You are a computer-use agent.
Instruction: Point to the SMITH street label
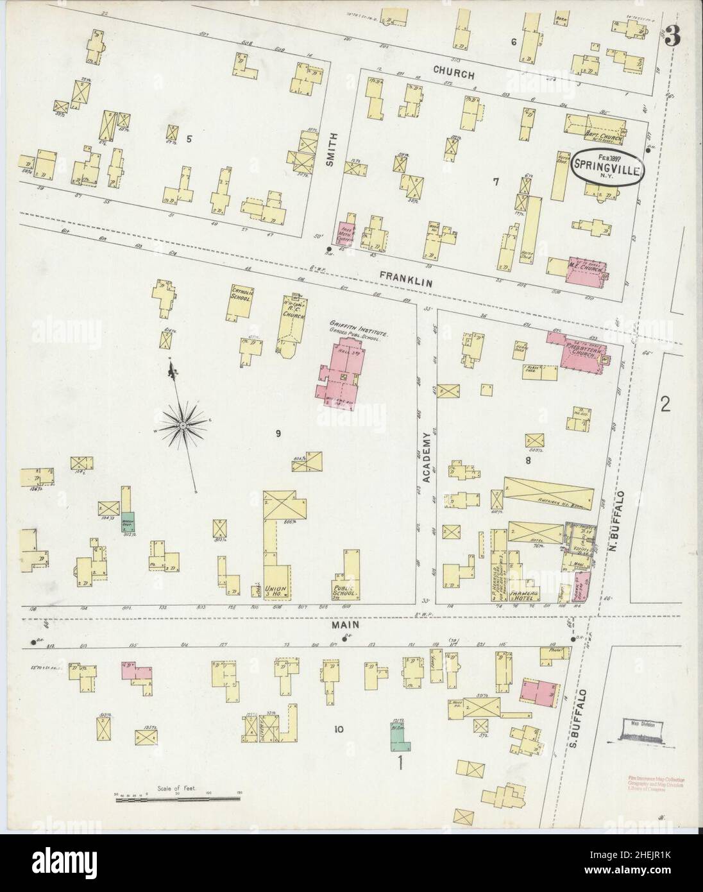[331, 154]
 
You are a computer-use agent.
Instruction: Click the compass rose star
[183, 425]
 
